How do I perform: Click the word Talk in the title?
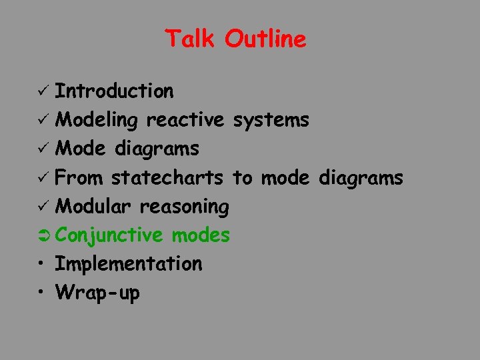pos(191,39)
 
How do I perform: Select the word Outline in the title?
pos(265,39)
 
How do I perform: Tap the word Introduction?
pos(114,91)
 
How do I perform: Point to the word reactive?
pos(185,120)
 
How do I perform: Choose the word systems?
pos(270,120)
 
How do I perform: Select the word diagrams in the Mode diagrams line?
pos(157,149)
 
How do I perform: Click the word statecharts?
pos(167,178)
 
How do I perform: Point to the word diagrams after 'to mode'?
pos(361,178)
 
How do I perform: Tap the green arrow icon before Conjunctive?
pos(45,235)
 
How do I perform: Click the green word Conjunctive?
pos(109,235)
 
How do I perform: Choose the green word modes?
pos(200,235)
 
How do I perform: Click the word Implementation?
pos(128,265)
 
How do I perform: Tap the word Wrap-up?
pos(97,293)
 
